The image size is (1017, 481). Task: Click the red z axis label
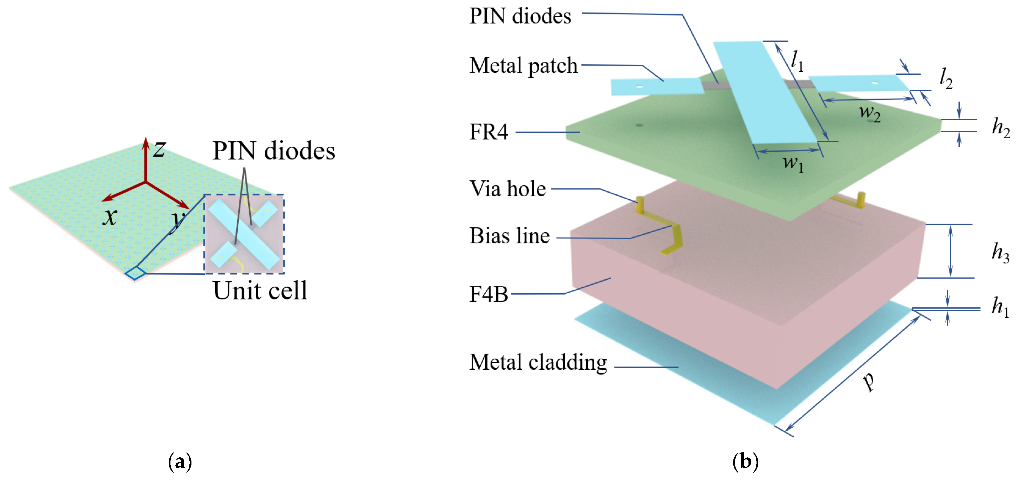pos(160,149)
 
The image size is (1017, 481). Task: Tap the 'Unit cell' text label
pos(260,291)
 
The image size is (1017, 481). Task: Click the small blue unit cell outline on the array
pos(135,273)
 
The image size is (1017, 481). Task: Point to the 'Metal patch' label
pos(523,66)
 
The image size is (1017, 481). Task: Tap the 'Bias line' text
pos(509,236)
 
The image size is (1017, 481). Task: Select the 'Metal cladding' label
pos(538,363)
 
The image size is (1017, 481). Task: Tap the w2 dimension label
pos(870,113)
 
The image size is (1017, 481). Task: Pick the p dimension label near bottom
pos(869,381)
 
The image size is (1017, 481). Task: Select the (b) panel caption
pos(745,461)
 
